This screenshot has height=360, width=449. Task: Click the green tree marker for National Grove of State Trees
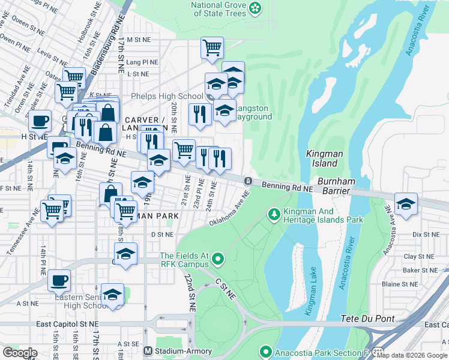click(256, 8)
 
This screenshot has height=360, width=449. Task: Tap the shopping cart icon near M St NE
click(212, 47)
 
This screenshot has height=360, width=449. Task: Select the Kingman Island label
click(325, 158)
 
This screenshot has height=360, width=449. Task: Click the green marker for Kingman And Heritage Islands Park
click(274, 214)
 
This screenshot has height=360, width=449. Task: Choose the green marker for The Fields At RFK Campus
click(218, 260)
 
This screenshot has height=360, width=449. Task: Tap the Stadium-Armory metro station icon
click(148, 351)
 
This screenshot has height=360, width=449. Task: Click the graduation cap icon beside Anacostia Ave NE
click(406, 203)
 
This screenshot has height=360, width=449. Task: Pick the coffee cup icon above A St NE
click(59, 280)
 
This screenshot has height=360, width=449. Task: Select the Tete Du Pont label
click(367, 317)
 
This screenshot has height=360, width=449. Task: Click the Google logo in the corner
click(20, 352)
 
